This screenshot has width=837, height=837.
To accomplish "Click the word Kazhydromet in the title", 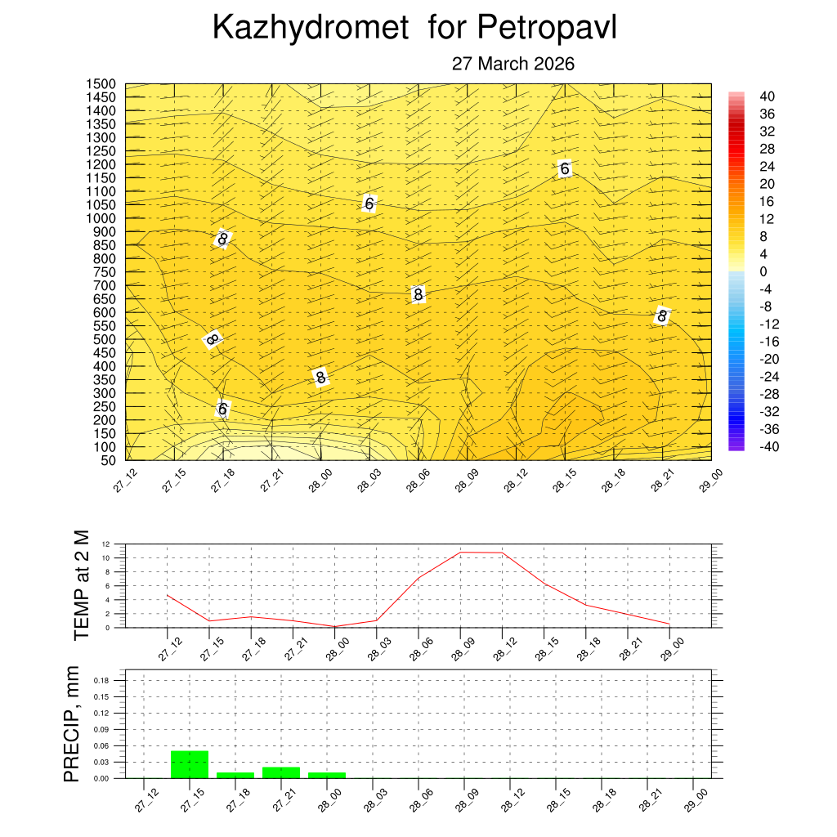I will [x=310, y=28].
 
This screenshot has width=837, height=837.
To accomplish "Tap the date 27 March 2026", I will [x=513, y=64].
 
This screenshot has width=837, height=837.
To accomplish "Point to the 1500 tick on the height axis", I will [x=102, y=84].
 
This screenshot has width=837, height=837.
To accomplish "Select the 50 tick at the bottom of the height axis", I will [x=109, y=460].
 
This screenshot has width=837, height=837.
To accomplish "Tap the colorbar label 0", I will [x=763, y=271].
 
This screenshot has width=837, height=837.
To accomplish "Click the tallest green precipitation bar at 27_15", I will [x=190, y=764].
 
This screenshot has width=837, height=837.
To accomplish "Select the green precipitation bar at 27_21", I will [x=281, y=772].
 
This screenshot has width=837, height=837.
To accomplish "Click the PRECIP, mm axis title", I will [x=73, y=725].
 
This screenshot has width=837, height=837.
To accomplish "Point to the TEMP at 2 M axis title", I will [x=80, y=584].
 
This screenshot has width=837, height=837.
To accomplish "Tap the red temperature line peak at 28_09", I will [x=461, y=553].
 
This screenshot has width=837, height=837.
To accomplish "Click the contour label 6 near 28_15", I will [x=564, y=169].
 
